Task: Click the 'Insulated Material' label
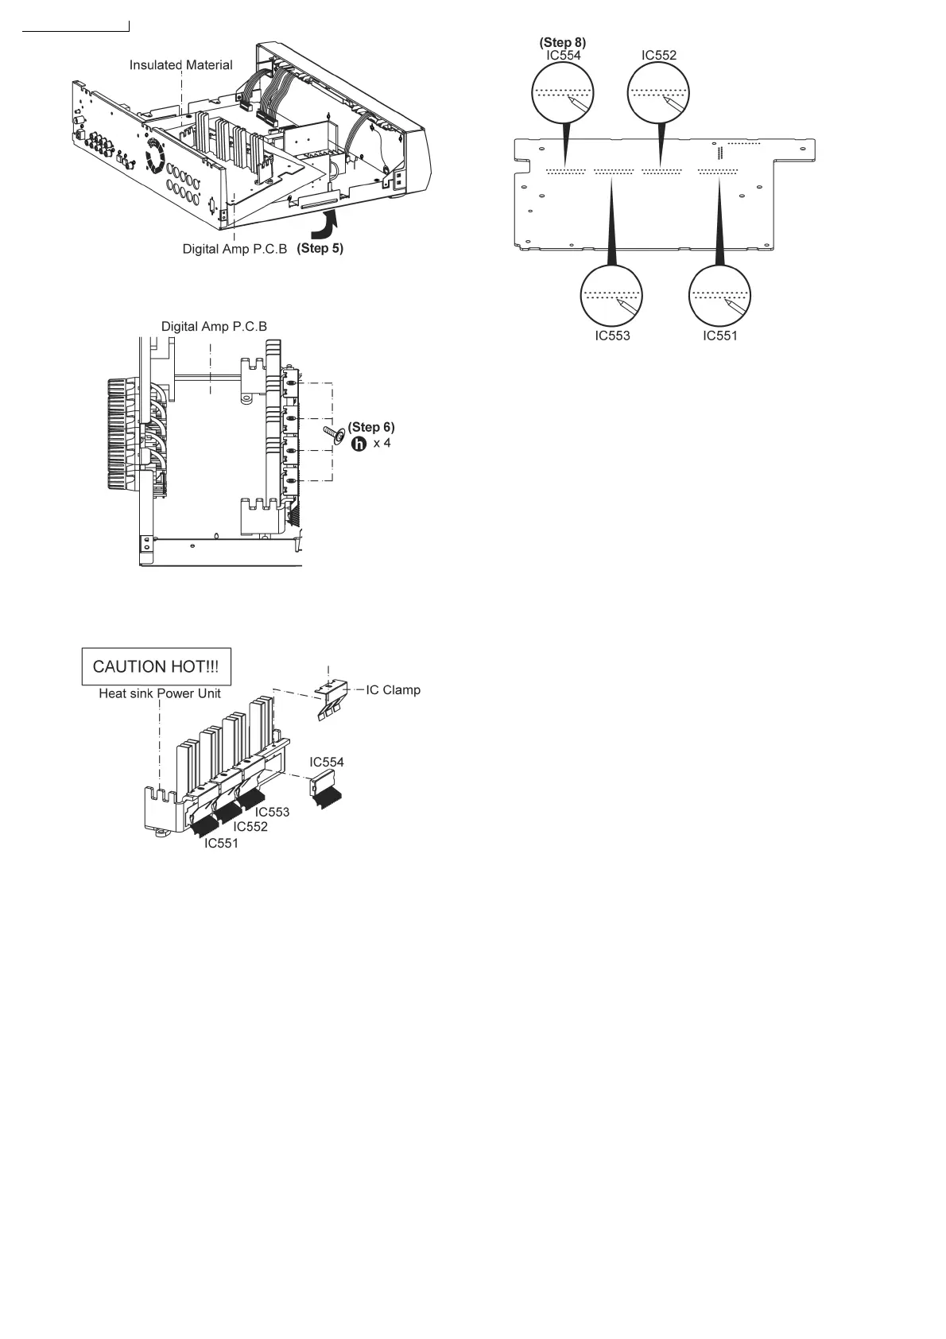[181, 65]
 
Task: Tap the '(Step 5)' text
[320, 248]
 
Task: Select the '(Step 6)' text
[370, 427]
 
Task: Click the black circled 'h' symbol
[359, 443]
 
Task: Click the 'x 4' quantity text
[382, 443]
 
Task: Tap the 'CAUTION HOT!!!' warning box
[157, 667]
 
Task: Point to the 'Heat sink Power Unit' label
[160, 693]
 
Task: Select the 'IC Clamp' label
[393, 689]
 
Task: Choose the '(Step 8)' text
[563, 41]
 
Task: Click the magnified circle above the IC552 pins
[659, 93]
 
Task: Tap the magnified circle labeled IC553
[611, 296]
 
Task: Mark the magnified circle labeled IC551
[719, 296]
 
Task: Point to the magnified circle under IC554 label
[563, 93]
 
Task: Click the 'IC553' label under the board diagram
[612, 336]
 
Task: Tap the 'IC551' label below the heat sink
[221, 843]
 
